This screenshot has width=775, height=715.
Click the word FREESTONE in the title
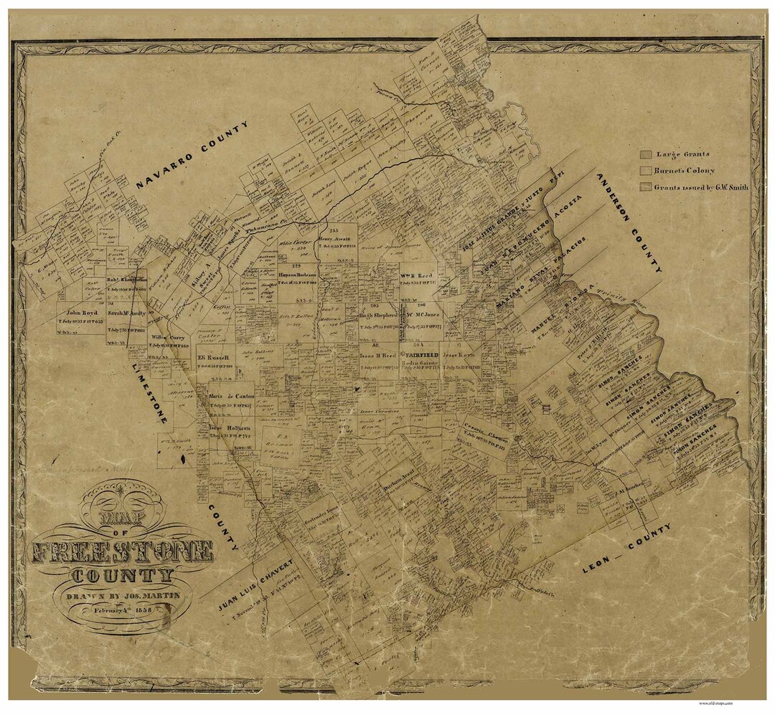122,552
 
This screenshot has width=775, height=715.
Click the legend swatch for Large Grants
645,153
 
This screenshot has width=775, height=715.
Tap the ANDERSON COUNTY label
628,222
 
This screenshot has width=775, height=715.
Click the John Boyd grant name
81,313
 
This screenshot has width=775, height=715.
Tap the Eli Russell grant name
213,357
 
